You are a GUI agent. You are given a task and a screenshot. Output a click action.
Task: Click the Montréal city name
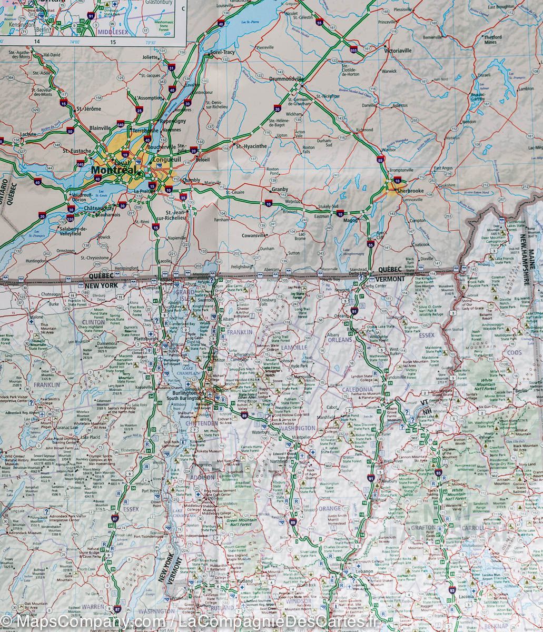point(112,170)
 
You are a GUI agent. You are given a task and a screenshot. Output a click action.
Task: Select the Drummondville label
point(287,78)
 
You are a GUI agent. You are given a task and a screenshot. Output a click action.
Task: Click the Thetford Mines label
point(493,39)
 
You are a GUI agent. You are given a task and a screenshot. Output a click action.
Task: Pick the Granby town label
point(280,189)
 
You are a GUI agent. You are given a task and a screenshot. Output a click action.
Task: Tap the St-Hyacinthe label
point(252,146)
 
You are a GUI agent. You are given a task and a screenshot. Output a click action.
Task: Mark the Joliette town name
point(150,57)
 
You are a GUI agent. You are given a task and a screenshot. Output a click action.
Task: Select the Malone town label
point(36,317)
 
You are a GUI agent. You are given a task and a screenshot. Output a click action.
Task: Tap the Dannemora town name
point(107,343)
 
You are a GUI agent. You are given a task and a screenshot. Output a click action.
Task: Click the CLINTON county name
point(93,322)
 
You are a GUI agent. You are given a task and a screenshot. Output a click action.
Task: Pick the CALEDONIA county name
point(359,390)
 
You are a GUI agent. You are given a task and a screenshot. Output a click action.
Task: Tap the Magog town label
point(351,220)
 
